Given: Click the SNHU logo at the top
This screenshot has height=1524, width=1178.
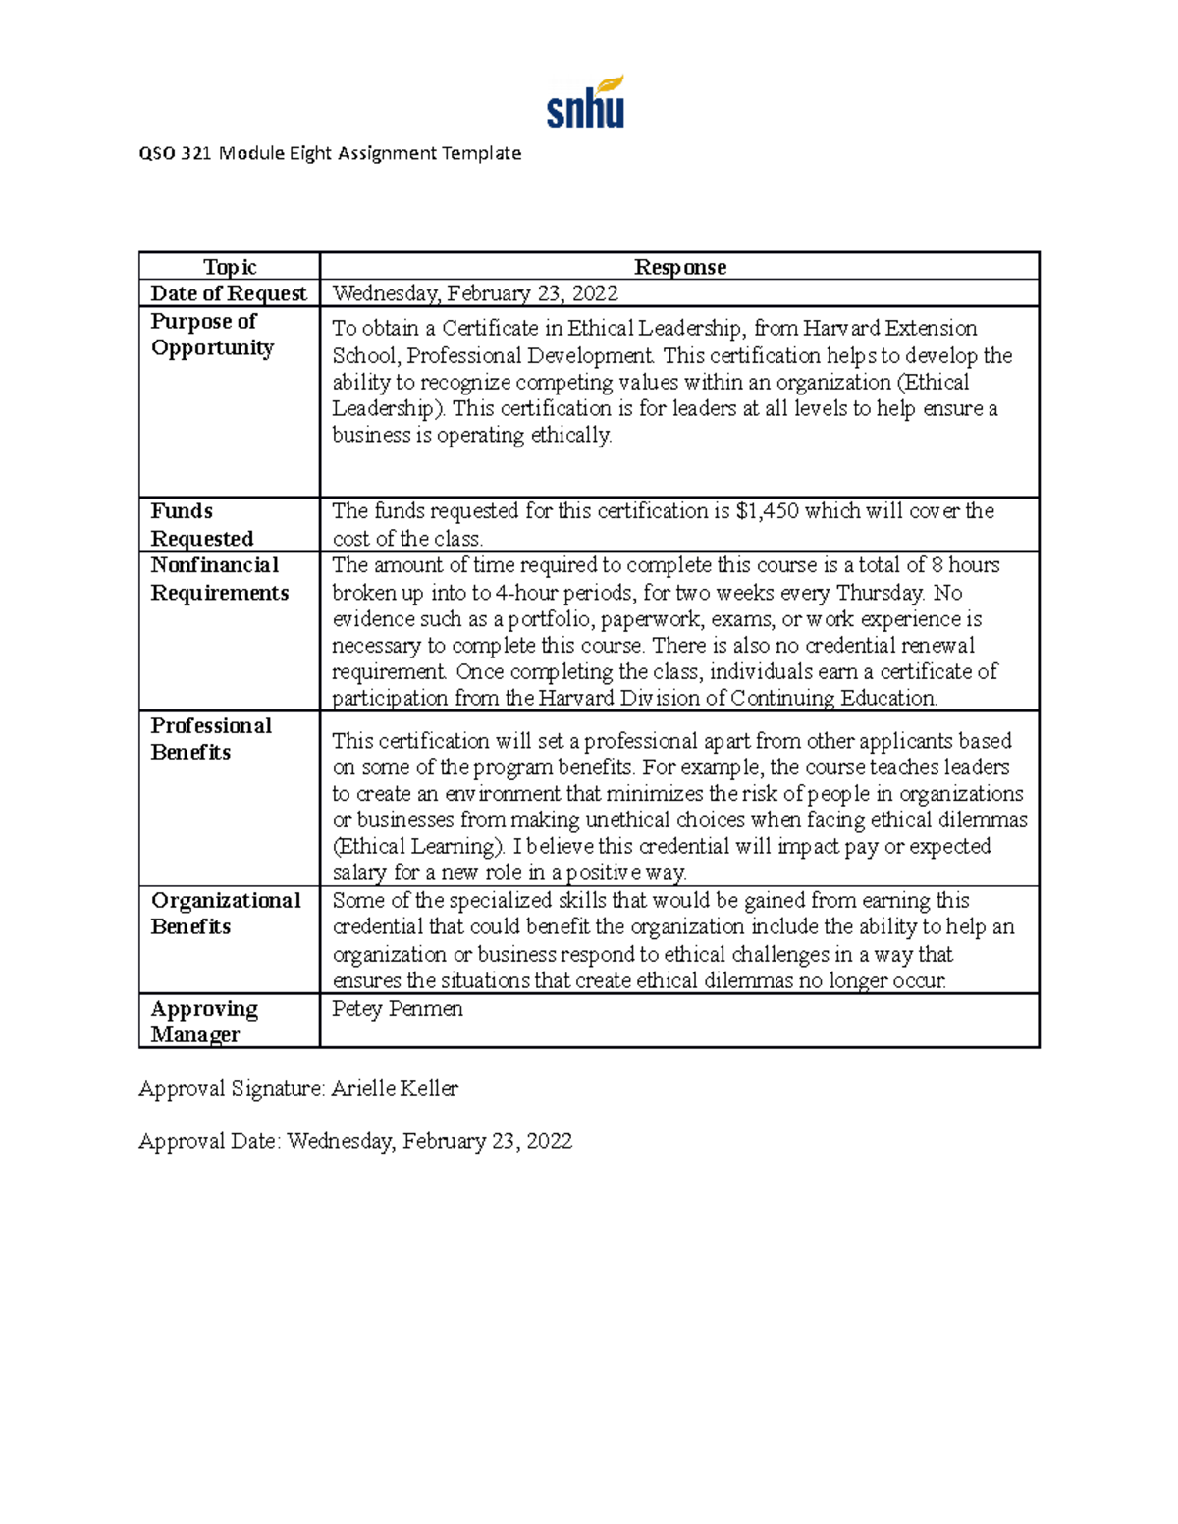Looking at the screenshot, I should [x=585, y=103].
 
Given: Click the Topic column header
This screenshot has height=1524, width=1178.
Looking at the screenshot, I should [x=229, y=267].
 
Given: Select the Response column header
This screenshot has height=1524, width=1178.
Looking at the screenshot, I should [x=679, y=267].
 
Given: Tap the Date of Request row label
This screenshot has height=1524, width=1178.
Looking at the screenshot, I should [x=228, y=293].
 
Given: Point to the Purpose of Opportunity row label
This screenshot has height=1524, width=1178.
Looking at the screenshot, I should [x=212, y=335].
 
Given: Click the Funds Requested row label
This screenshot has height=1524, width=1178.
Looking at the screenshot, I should [x=201, y=524].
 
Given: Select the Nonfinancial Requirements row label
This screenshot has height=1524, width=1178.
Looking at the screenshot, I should [x=219, y=579].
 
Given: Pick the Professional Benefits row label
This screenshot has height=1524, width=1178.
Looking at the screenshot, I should [x=210, y=739].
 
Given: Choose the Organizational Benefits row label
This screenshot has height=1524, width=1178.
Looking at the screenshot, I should [x=225, y=914].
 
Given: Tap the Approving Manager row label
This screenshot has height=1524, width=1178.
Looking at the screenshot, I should [x=203, y=1022].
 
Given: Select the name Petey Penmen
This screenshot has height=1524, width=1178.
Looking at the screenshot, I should [x=397, y=1009].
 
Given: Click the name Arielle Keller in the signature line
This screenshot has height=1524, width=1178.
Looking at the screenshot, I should [x=395, y=1088].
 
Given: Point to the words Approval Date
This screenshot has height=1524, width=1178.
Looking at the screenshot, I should [x=209, y=1141].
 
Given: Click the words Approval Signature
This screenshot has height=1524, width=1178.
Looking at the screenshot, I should [x=231, y=1088].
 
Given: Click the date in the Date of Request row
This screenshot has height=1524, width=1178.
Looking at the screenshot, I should [x=475, y=293].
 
